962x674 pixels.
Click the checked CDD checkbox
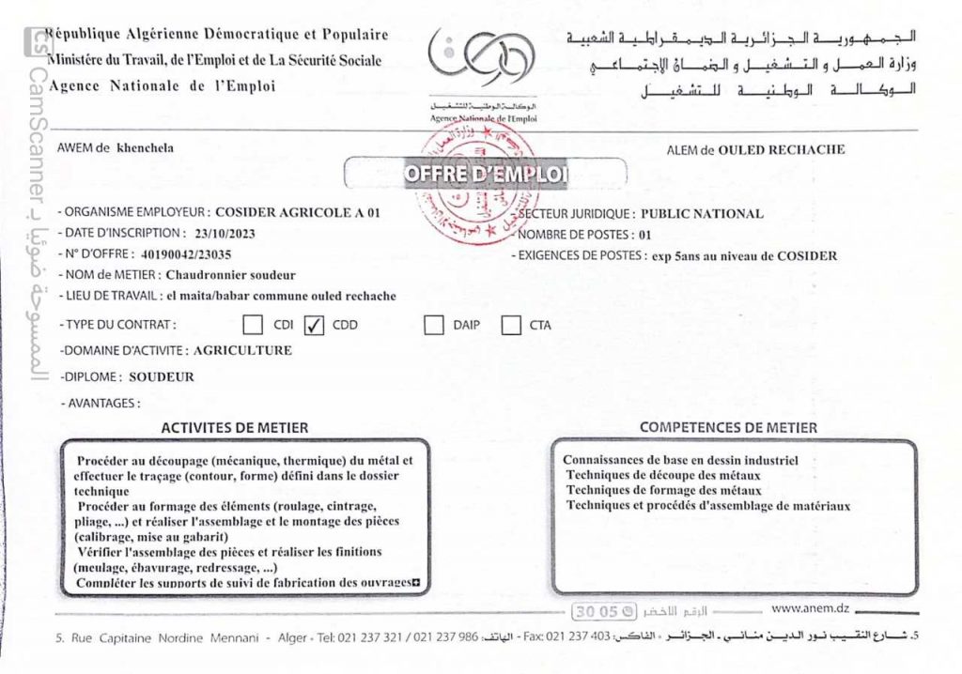pyautogui.click(x=314, y=326)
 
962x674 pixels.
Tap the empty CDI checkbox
pyautogui.click(x=253, y=326)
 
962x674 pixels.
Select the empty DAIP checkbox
pyautogui.click(x=433, y=326)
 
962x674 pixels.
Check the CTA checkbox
pyautogui.click(x=511, y=326)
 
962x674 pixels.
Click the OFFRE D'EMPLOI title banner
pyautogui.click(x=486, y=175)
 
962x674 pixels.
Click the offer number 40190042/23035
pyautogui.click(x=187, y=253)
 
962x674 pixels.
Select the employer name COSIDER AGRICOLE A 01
pyautogui.click(x=297, y=213)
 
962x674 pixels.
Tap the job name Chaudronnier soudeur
pyautogui.click(x=230, y=275)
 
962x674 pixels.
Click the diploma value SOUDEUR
pyautogui.click(x=162, y=377)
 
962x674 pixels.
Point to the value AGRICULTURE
pyautogui.click(x=242, y=351)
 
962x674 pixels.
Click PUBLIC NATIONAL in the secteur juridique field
pyautogui.click(x=701, y=213)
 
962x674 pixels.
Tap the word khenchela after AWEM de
pyautogui.click(x=145, y=147)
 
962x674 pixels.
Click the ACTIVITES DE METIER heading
pyautogui.click(x=235, y=427)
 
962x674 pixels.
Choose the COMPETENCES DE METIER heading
pyautogui.click(x=728, y=427)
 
